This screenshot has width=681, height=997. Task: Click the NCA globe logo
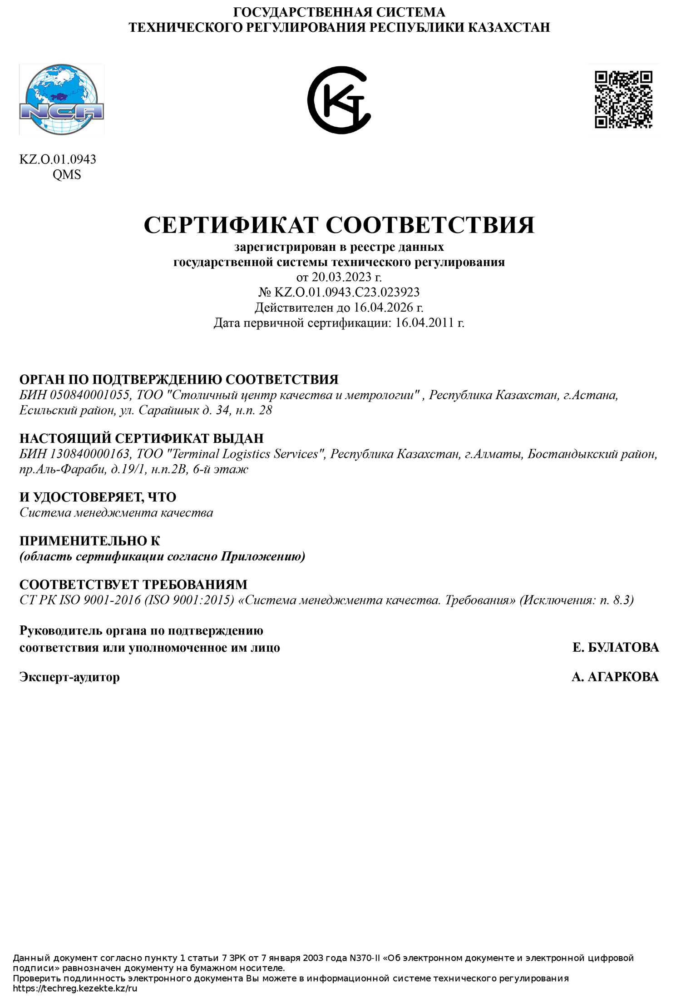[62, 99]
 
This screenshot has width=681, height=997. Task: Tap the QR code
[623, 99]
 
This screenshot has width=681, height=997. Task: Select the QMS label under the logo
[67, 175]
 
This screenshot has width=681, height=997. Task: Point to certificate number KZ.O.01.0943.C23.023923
[347, 292]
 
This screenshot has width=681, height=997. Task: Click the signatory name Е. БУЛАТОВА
[615, 647]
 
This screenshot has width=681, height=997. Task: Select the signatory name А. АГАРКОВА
[615, 677]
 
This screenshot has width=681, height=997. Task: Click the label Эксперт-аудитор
[69, 677]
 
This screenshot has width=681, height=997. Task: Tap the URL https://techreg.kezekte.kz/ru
[75, 988]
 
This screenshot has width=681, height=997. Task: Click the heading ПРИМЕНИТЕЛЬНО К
[89, 541]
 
